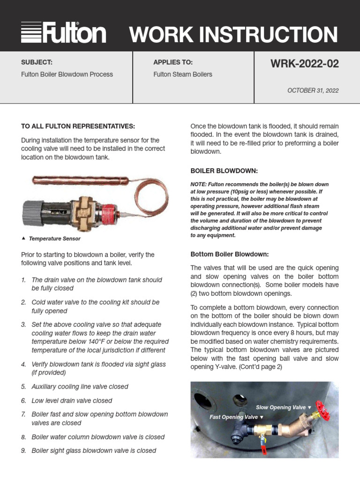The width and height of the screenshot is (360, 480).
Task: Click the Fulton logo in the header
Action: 63,33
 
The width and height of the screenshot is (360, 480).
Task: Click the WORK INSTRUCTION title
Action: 233,35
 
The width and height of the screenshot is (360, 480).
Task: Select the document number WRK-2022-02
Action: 304,64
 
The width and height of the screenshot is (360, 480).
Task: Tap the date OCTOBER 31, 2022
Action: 313,90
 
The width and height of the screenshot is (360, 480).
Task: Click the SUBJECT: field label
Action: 37,62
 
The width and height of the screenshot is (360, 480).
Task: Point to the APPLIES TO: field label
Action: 173,62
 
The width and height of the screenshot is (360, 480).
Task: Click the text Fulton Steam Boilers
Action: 183,74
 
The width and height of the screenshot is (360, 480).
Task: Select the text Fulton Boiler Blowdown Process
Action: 67,74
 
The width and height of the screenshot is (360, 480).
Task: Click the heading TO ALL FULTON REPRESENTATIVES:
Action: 78,126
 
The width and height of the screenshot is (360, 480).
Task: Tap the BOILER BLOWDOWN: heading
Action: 224,171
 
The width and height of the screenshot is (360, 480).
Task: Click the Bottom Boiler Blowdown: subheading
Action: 230,254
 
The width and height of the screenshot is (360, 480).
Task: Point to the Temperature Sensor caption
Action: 54,239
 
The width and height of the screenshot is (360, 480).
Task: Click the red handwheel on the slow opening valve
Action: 322,411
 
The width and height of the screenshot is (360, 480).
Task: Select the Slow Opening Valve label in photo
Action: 281,407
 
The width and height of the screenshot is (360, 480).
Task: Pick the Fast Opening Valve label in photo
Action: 233,417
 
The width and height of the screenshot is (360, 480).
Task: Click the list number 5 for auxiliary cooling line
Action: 23,387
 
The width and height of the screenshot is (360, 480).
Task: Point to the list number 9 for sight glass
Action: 23,450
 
